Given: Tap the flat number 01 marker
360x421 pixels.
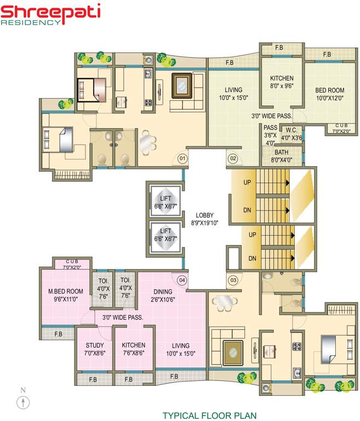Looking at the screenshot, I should point(182,159).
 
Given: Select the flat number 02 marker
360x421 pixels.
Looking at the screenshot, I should point(232,159).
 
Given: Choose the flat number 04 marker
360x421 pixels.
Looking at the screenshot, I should point(182,281).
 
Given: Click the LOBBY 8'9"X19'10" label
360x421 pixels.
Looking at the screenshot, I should point(205,219).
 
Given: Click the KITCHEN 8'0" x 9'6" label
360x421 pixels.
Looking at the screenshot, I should point(282,82).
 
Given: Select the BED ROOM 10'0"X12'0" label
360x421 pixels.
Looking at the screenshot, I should point(329,94).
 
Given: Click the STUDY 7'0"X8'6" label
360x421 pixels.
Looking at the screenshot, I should point(94,349).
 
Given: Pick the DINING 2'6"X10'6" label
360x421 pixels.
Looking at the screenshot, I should point(163,295).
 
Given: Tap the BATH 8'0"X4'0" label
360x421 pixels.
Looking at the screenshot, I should point(282,156).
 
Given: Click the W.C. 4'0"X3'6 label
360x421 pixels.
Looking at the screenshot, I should point(291,134).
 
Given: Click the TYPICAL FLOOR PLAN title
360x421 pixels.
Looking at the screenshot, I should point(209,416).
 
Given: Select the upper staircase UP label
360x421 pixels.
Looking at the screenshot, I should point(247,183).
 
